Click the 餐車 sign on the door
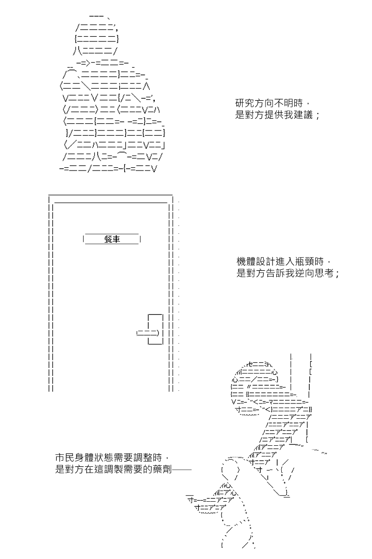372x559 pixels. [112, 239]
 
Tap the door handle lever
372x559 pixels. [148, 333]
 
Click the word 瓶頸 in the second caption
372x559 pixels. [305, 262]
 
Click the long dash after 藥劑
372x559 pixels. [182, 470]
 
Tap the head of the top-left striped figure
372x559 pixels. [96, 35]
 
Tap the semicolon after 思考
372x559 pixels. [337, 275]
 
